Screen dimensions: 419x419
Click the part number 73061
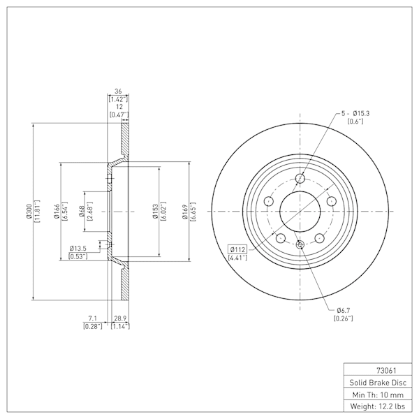point(386,371)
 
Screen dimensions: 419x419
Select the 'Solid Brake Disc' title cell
point(378,383)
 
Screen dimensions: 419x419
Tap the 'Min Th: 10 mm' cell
point(378,395)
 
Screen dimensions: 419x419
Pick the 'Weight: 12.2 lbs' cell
point(378,406)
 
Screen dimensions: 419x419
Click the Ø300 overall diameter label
point(29,212)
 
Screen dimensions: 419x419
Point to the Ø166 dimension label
point(57,212)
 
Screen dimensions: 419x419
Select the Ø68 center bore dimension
point(82,212)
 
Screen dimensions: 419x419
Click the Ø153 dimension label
point(155,212)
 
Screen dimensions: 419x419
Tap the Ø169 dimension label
point(184,212)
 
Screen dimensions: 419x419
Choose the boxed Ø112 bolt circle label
point(237,249)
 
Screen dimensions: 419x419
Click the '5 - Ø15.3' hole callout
point(355,113)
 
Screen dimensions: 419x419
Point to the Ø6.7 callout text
point(344,311)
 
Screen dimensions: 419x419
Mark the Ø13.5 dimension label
point(78,249)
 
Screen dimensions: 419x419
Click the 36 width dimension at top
point(118,91)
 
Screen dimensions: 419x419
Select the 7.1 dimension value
point(92,318)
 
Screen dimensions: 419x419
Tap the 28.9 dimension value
point(120,318)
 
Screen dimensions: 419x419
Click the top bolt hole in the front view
point(300,178)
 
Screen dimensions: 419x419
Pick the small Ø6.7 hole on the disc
point(300,244)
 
